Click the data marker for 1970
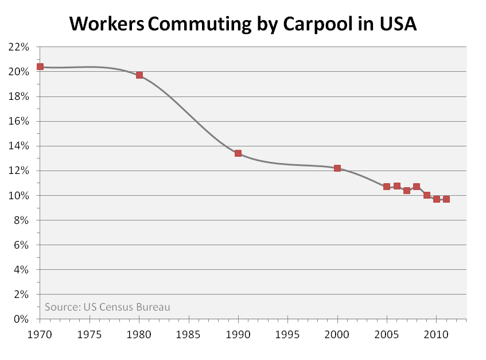(x=40, y=67)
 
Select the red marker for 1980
(x=139, y=75)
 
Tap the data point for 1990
(x=238, y=153)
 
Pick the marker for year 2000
(x=337, y=168)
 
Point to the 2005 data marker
(x=387, y=187)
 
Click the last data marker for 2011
(x=446, y=199)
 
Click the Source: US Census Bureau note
(x=107, y=307)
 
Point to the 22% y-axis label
(x=18, y=47)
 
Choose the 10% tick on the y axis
(x=18, y=196)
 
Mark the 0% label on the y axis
(x=21, y=319)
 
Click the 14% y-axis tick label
(x=18, y=146)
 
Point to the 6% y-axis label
(x=21, y=245)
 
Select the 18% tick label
(x=18, y=97)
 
